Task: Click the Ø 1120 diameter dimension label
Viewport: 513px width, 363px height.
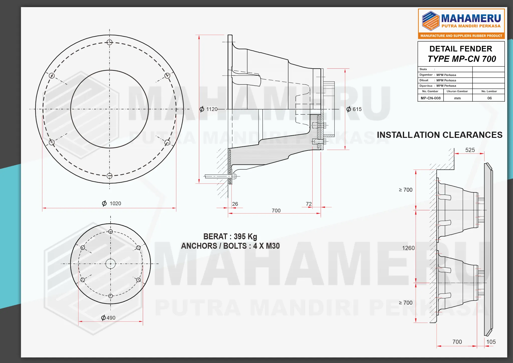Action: point(208,109)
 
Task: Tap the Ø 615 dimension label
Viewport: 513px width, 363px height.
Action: point(354,109)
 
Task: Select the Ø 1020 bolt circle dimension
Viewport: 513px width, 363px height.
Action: point(111,203)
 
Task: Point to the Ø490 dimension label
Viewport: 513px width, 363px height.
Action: point(108,318)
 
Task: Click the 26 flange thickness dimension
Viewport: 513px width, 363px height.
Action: point(235,204)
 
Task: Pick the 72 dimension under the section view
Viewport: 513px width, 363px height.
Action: point(309,204)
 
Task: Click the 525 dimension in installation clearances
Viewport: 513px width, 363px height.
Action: point(470,150)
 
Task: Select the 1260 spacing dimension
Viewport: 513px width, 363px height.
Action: point(408,248)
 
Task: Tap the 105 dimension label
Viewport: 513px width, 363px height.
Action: point(491,342)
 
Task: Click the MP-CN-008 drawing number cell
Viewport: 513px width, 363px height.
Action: point(431,98)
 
